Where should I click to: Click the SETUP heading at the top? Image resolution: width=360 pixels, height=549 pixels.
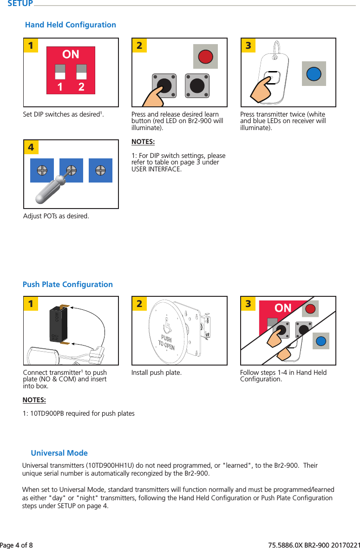coord(20,4)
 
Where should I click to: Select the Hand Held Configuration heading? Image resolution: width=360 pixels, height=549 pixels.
coord(71,25)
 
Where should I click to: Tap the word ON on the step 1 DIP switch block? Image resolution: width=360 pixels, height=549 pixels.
coord(71,54)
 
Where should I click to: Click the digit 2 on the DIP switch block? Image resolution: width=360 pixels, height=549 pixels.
coord(81,87)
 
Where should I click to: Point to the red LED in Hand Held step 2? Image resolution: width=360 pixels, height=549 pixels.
coord(205,56)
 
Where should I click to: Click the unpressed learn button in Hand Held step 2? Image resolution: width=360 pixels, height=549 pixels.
coord(197,86)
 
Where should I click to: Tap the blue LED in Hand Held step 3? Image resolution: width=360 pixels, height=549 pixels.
coord(314,73)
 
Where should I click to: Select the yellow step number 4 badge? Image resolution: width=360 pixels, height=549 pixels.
coord(31,147)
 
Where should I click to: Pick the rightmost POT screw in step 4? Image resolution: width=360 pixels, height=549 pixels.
coord(101,170)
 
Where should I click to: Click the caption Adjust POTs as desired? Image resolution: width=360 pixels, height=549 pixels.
coord(56,216)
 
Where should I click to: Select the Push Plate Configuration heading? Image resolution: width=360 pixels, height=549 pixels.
coord(68,284)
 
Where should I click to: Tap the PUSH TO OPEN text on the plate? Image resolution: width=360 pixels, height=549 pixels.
coord(166,342)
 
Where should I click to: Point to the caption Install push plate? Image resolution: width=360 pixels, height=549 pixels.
coord(157,373)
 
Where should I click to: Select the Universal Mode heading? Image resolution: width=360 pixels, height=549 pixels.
coord(59,453)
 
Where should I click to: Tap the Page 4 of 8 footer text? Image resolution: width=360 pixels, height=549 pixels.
coord(17,544)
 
